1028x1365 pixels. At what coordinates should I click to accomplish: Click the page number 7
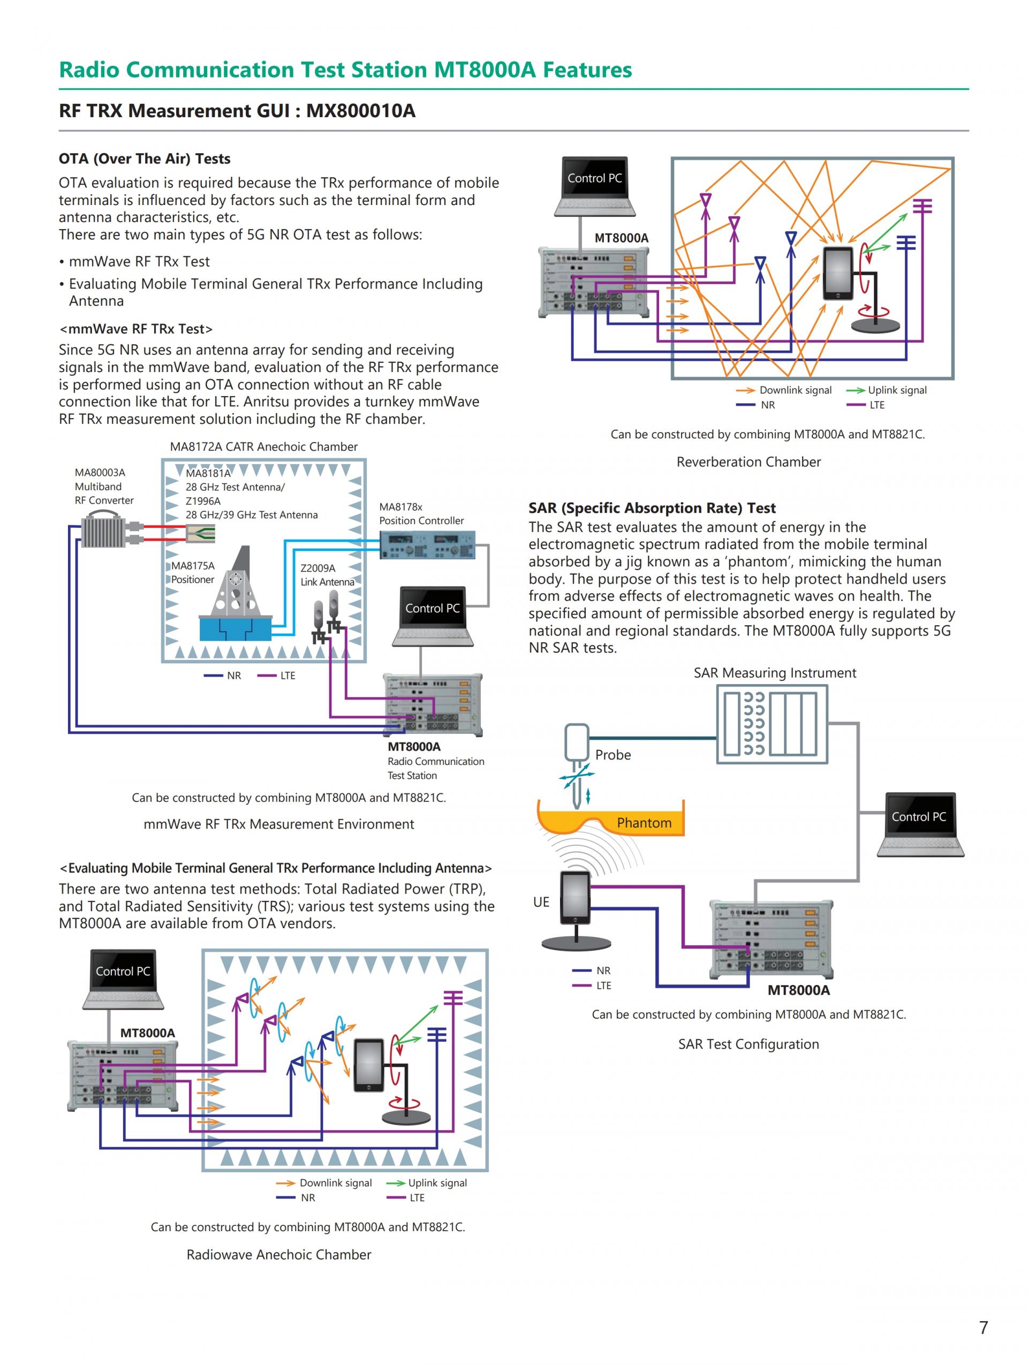(x=984, y=1327)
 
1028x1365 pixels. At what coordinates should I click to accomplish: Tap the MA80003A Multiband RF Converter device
(x=104, y=532)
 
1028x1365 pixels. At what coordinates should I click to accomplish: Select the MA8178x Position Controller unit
(x=427, y=545)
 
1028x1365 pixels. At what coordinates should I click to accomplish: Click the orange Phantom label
(x=644, y=823)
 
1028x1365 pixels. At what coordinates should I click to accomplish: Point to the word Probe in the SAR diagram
(x=613, y=755)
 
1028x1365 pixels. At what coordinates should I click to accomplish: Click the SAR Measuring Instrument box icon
(x=772, y=724)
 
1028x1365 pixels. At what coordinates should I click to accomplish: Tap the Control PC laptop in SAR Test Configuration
(x=919, y=824)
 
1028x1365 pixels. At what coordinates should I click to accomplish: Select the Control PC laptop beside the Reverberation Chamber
(x=594, y=186)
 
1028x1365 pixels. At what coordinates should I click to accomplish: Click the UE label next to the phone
(x=541, y=901)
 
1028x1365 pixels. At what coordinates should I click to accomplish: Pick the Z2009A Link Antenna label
(x=327, y=574)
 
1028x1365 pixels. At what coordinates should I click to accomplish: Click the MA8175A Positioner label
(x=193, y=572)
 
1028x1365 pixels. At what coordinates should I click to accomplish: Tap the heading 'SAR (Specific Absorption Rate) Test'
(x=652, y=508)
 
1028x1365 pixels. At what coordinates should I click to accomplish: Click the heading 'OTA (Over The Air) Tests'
(x=145, y=158)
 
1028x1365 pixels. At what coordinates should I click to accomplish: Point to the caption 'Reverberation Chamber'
(x=749, y=461)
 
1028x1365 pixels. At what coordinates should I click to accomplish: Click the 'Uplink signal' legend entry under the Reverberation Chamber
(x=897, y=390)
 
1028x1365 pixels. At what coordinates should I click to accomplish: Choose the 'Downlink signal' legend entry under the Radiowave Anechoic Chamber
(x=335, y=1183)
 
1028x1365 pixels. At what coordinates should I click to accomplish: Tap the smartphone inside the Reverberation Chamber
(x=838, y=274)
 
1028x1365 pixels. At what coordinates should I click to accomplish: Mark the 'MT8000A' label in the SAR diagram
(x=798, y=990)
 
